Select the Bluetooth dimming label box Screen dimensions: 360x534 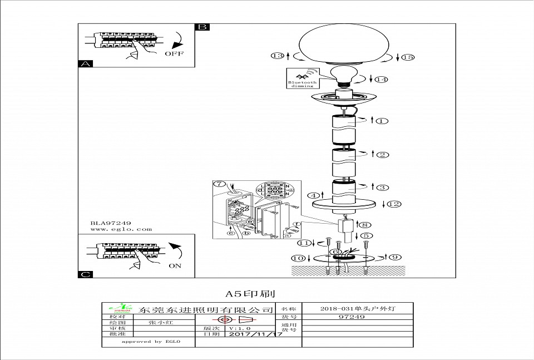302,78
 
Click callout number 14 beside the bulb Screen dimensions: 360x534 381,80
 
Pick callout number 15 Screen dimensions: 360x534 408,57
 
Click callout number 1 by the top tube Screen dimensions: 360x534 382,121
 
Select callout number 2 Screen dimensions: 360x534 383,155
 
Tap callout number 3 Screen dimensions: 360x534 383,187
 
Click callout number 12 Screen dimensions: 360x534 394,204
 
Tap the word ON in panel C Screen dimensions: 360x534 175,266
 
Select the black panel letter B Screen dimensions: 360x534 202,27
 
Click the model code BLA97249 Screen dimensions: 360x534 111,222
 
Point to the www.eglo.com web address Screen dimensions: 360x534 121,229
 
